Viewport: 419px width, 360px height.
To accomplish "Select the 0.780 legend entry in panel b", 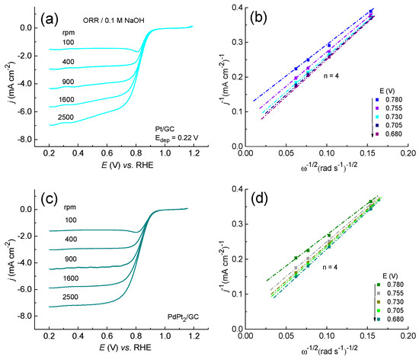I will point(395,100).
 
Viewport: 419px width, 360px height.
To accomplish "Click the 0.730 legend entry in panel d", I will point(395,302).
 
